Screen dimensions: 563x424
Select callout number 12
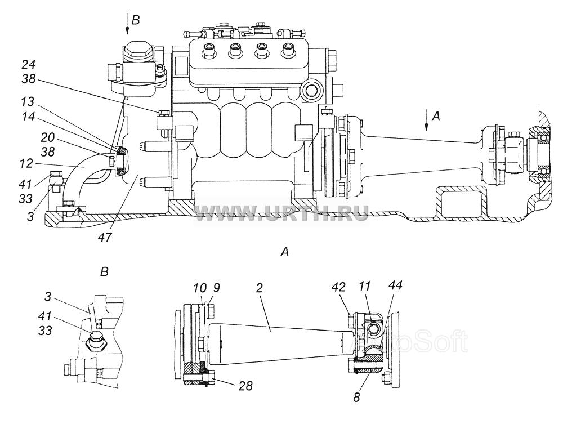pyautogui.click(x=27, y=164)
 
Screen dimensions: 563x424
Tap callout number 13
pyautogui.click(x=28, y=102)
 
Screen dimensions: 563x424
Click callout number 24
pyautogui.click(x=29, y=65)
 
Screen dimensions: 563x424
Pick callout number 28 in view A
pyautogui.click(x=245, y=386)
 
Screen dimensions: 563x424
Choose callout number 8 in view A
pyautogui.click(x=356, y=398)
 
